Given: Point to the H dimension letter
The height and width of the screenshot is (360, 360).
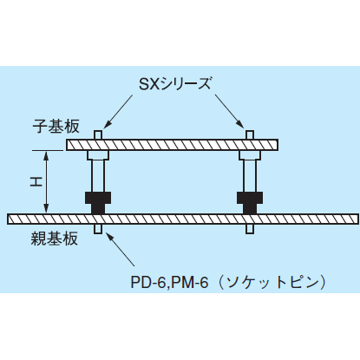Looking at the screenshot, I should (x=28, y=182).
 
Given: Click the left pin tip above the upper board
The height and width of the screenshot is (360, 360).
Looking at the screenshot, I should (x=98, y=134).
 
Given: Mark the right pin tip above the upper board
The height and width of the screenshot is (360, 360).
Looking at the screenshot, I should (x=250, y=134).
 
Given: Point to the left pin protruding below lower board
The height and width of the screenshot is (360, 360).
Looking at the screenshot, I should (x=98, y=230).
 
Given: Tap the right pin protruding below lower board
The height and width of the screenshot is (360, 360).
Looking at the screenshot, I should (x=250, y=230).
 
